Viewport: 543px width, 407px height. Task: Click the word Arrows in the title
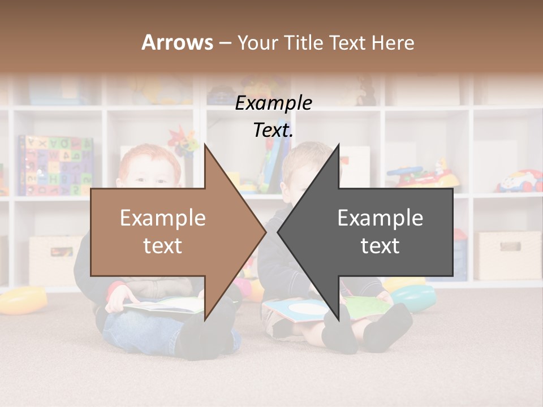[x=177, y=42]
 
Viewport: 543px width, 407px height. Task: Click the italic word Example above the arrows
[x=273, y=103]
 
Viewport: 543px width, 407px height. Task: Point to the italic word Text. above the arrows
[x=273, y=131]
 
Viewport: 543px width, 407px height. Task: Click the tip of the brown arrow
[x=265, y=232]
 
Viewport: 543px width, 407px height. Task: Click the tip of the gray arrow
[x=278, y=232]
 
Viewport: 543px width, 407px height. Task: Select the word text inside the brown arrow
[x=162, y=246]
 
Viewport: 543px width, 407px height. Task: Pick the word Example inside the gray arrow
[x=380, y=218]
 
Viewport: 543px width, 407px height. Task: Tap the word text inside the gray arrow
[x=380, y=246]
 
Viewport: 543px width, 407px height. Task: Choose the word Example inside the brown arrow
[x=162, y=218]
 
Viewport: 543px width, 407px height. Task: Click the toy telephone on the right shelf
[x=519, y=181]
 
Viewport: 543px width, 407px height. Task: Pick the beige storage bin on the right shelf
[x=507, y=255]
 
